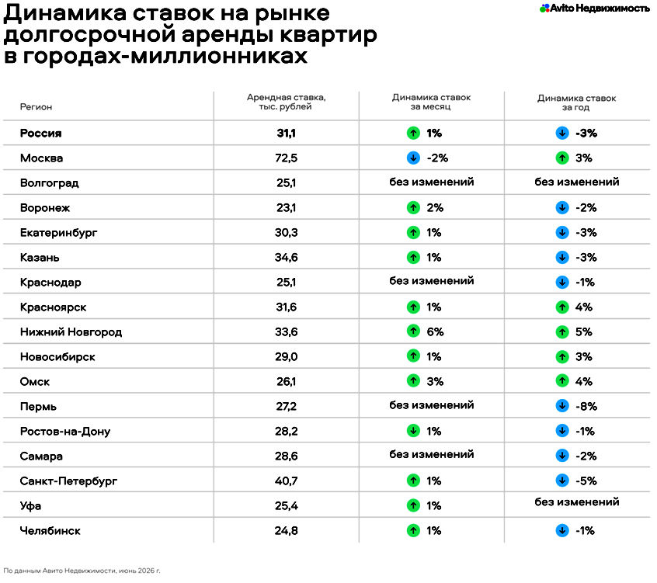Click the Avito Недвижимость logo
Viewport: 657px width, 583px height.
595,8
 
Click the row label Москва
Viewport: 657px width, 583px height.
41,158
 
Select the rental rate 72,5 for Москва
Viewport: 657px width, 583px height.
287,158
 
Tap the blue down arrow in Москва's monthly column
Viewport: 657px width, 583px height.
413,158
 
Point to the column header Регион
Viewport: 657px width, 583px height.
36,107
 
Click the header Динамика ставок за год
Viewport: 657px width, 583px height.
576,102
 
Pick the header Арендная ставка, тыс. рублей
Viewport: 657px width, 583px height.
287,102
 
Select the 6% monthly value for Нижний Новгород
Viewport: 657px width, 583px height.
435,331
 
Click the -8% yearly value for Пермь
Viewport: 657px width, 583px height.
586,406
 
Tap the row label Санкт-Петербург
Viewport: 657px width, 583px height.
68,481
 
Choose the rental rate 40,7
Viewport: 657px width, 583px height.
287,481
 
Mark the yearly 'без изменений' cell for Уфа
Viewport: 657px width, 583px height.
576,501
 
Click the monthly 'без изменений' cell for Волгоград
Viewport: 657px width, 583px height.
432,182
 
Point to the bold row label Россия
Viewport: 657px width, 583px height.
40,134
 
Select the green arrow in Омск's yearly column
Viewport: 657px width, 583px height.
562,381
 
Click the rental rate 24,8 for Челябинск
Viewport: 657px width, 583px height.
287,531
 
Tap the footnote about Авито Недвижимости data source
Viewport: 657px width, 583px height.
82,571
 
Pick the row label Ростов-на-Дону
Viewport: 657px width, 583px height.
65,432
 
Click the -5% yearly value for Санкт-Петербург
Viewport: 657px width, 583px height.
586,481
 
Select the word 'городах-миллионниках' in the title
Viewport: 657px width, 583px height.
165,56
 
